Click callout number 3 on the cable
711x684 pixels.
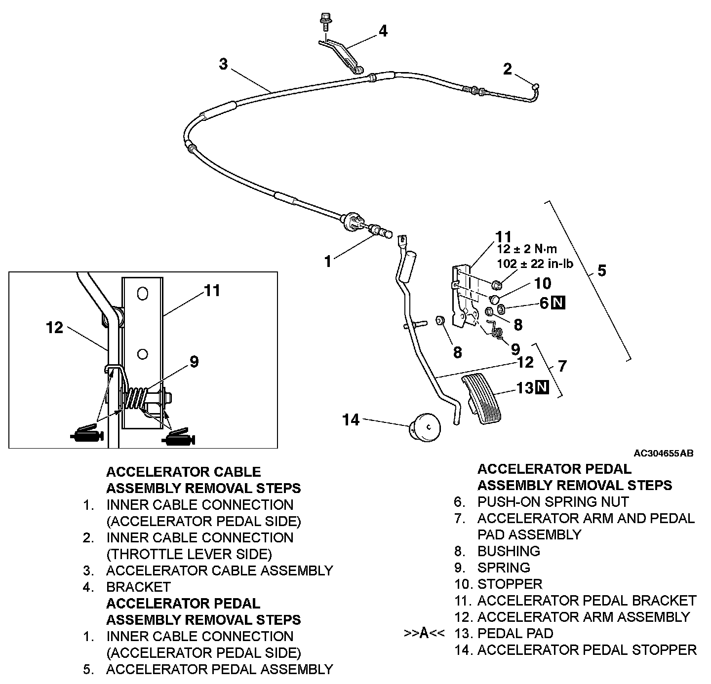point(224,64)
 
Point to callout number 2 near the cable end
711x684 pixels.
point(508,70)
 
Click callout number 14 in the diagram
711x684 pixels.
point(351,420)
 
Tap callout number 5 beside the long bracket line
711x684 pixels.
point(602,270)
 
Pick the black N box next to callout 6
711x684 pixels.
point(558,303)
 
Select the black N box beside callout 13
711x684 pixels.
point(542,388)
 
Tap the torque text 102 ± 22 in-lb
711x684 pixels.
point(535,264)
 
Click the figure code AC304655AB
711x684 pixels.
point(664,453)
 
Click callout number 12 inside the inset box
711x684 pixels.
point(55,327)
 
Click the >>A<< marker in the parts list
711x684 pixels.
point(425,634)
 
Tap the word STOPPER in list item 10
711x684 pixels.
point(510,584)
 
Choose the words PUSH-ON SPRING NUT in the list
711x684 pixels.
point(553,502)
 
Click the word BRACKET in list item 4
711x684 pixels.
point(138,587)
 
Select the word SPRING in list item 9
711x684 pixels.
point(504,568)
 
